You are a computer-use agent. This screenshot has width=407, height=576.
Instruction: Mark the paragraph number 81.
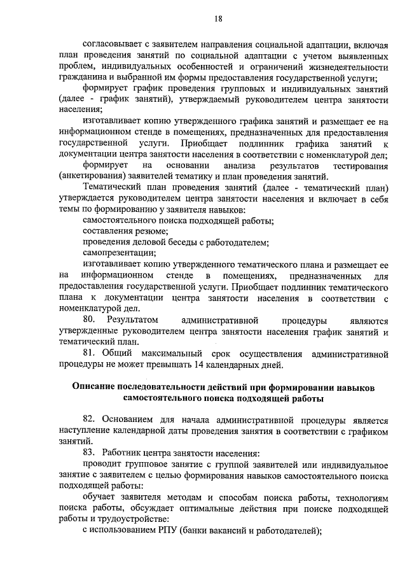coord(91,353)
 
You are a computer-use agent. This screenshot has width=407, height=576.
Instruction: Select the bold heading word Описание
coord(97,387)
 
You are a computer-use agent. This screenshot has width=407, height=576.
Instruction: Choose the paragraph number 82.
coord(92,420)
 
